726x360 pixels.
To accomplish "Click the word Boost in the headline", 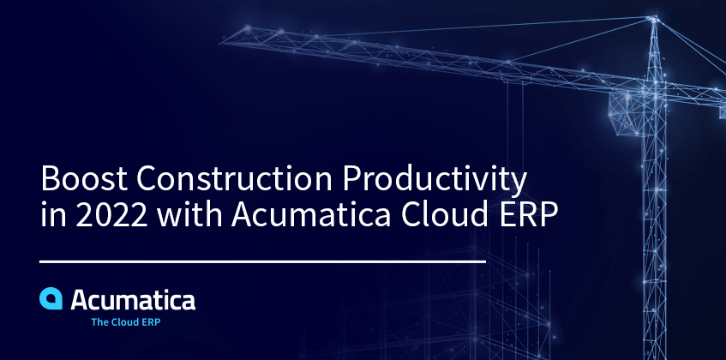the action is click(84, 178).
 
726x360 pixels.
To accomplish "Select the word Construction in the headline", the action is click(234, 178).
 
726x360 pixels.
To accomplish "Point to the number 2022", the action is click(111, 214).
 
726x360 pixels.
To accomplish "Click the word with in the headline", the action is click(189, 213).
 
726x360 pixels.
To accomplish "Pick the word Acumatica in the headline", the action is click(311, 214).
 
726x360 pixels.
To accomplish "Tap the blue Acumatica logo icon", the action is click(51, 298).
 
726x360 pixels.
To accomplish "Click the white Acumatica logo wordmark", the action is click(133, 300).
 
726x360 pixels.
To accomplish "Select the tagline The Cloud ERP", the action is click(126, 322).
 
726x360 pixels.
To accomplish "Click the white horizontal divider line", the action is click(262, 261).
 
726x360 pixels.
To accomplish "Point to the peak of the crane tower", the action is click(653, 18).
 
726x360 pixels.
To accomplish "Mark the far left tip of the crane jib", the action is click(221, 43).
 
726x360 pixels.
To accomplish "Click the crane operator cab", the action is click(627, 112).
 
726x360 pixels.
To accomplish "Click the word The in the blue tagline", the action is click(99, 322).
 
